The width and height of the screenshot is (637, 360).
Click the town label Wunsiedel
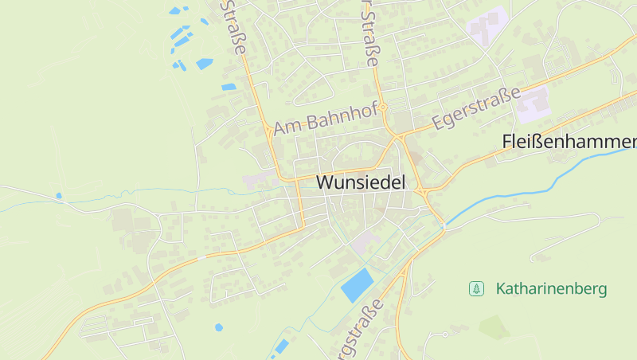[x=361, y=182]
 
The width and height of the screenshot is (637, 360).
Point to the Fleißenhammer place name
[x=569, y=142]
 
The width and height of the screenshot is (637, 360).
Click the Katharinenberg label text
[x=551, y=288]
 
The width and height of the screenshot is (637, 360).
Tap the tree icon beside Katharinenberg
[x=476, y=288]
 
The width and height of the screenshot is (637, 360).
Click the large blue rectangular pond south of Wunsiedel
[x=358, y=284]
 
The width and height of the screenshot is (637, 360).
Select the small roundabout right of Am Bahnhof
[x=383, y=107]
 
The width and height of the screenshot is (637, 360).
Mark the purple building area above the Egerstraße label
[x=531, y=104]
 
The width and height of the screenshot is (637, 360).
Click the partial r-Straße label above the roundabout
[x=370, y=32]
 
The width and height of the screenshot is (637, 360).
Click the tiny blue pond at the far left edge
[x=58, y=195]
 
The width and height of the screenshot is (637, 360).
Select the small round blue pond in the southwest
[x=219, y=327]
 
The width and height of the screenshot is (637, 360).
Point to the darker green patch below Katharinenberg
[x=493, y=327]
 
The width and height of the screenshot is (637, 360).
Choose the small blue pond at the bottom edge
[x=281, y=346]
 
